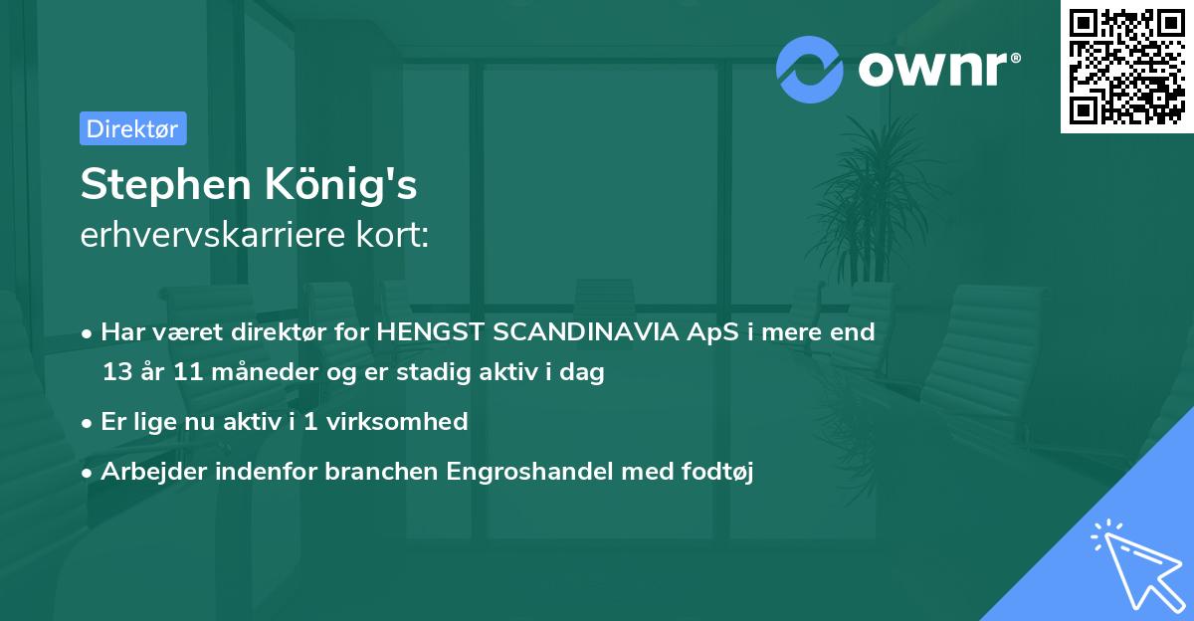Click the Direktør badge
pyautogui.click(x=132, y=128)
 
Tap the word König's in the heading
pyautogui.click(x=347, y=186)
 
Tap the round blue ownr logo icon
pyautogui.click(x=810, y=70)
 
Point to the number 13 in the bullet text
pyautogui.click(x=116, y=373)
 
